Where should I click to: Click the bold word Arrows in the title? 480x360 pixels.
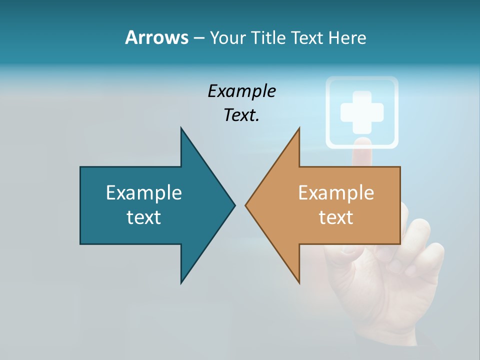(156, 37)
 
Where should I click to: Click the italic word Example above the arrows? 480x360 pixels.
(241, 91)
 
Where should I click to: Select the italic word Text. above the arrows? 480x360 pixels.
(241, 115)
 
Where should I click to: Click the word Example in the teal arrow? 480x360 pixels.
(143, 193)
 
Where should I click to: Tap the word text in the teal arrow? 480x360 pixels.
(143, 217)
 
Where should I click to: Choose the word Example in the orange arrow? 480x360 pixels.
(336, 193)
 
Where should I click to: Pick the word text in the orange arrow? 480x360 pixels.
(336, 217)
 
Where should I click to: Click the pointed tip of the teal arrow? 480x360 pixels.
(234, 205)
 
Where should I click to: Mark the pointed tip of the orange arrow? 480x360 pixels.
(246, 205)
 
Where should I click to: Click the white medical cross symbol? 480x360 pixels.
(362, 112)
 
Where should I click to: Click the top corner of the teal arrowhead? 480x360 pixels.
(181, 129)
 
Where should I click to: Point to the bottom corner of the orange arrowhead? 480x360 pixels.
(299, 282)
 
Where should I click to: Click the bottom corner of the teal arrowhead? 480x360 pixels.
(181, 282)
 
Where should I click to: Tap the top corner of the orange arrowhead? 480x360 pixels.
(299, 129)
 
